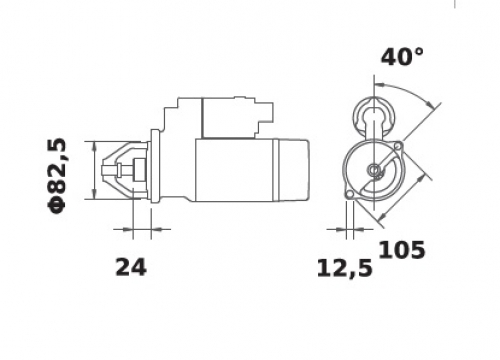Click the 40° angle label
point(402,57)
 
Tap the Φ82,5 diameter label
point(57,176)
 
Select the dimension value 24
point(131,267)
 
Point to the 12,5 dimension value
point(344,269)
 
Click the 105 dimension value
point(402,250)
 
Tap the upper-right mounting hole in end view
point(398,146)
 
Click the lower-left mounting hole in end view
point(349,194)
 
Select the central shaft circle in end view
point(374,170)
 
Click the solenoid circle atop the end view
point(374,116)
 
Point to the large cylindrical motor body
point(234,170)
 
